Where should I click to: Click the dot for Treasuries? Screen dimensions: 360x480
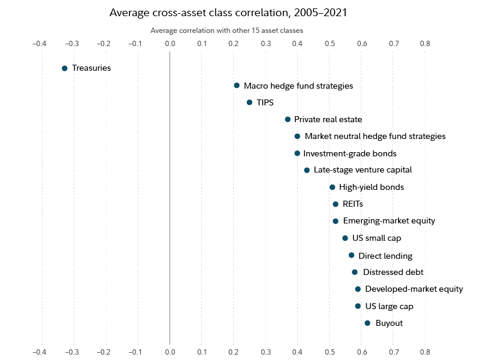pyautogui.click(x=65, y=68)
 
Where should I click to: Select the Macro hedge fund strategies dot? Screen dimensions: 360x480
pyautogui.click(x=237, y=86)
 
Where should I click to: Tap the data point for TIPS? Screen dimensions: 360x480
pyautogui.click(x=249, y=102)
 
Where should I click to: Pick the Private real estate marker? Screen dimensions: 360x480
pyautogui.click(x=288, y=120)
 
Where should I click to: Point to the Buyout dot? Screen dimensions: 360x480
pyautogui.click(x=367, y=323)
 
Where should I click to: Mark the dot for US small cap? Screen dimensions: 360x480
pyautogui.click(x=345, y=238)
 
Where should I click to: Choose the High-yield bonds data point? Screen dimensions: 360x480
pyautogui.click(x=333, y=187)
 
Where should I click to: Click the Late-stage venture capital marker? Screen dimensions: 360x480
pyautogui.click(x=307, y=170)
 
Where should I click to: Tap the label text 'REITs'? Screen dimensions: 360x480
pyautogui.click(x=353, y=204)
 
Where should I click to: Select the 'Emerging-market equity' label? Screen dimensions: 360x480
pyautogui.click(x=389, y=221)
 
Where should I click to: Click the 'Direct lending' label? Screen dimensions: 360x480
pyautogui.click(x=385, y=256)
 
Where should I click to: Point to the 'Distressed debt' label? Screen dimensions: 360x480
pyautogui.click(x=393, y=272)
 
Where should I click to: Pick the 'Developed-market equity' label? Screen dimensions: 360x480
pyautogui.click(x=414, y=289)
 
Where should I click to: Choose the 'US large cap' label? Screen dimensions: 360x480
pyautogui.click(x=389, y=306)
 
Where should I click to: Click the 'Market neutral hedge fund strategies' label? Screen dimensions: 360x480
pyautogui.click(x=375, y=137)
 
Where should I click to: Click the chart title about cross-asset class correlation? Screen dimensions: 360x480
pyautogui.click(x=228, y=12)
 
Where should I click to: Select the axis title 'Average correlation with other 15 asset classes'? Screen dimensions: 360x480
pyautogui.click(x=227, y=30)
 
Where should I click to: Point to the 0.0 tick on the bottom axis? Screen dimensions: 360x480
pyautogui.click(x=170, y=351)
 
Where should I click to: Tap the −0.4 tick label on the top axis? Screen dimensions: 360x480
pyautogui.click(x=39, y=43)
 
